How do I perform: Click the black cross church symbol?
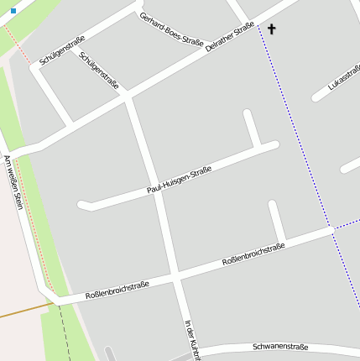click(271, 29)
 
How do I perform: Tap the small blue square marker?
click(13, 11)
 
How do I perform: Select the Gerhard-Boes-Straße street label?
click(172, 31)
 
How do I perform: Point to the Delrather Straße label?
click(230, 37)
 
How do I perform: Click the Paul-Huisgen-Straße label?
click(179, 180)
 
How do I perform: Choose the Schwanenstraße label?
click(280, 347)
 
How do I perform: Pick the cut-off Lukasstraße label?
click(344, 78)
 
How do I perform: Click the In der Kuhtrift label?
click(193, 340)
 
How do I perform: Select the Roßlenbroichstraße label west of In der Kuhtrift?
click(117, 290)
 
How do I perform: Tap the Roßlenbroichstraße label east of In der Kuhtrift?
click(253, 254)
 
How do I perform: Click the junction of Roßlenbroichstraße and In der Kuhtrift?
click(177, 275)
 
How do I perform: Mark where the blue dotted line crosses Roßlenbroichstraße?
click(333, 228)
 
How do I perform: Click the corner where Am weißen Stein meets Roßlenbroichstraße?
click(50, 299)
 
